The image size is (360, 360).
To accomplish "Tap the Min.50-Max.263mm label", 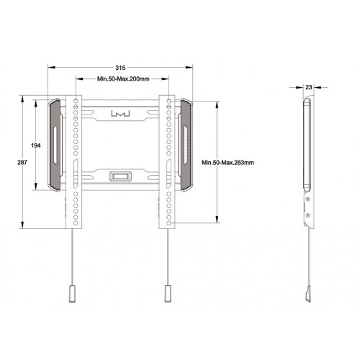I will (228, 163).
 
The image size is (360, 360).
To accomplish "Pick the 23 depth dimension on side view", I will (308, 86).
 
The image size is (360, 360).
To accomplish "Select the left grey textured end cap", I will (55, 144).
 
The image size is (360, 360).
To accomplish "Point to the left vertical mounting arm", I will (74, 158).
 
